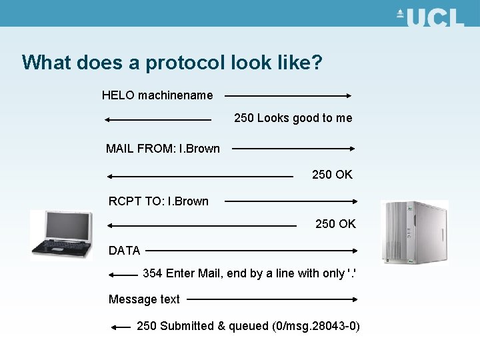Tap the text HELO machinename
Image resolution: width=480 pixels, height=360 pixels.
(157, 95)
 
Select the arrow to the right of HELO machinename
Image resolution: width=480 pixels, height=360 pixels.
(287, 95)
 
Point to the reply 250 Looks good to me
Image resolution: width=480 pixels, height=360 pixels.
(293, 118)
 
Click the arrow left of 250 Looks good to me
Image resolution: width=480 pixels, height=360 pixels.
(158, 120)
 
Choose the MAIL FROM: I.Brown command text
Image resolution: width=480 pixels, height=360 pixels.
(163, 149)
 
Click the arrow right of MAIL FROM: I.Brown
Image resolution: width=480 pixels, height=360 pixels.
(293, 149)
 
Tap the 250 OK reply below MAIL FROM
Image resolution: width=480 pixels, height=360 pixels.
(332, 175)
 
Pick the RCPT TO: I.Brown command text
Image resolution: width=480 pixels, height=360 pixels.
(159, 201)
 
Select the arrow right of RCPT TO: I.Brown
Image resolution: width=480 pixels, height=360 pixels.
(292, 201)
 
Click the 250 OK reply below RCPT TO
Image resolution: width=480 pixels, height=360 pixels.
(335, 224)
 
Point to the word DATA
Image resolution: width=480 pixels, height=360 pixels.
(125, 251)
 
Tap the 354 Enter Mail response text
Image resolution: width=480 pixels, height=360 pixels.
(254, 273)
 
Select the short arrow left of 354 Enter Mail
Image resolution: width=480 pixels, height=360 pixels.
(122, 274)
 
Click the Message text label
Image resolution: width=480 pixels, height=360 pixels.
(144, 299)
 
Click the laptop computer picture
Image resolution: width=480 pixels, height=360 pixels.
(61, 233)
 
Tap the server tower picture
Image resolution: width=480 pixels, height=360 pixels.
(413, 233)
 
